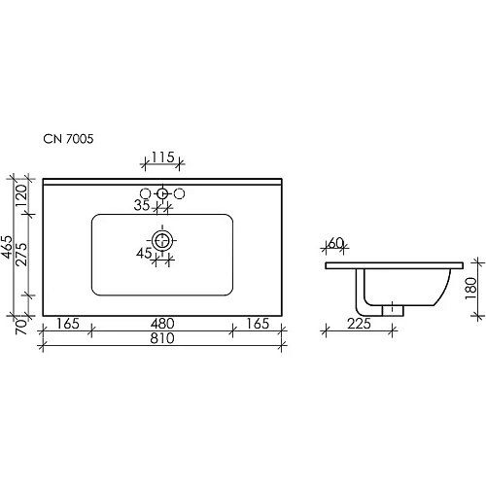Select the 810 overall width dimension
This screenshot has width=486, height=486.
coord(161,339)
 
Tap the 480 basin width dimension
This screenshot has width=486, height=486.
coord(161,323)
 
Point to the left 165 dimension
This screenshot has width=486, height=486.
coord(67,323)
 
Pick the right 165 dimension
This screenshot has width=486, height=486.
coord(256,323)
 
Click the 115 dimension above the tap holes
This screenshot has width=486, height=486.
coord(162,156)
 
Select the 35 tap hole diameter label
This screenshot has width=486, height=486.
coord(142,206)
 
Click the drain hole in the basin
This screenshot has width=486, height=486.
coord(162,238)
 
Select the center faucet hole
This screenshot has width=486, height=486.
coord(162,194)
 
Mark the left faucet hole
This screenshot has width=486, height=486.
coord(146,194)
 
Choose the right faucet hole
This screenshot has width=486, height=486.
coord(179,194)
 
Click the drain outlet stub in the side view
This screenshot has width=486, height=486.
coord(392,308)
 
